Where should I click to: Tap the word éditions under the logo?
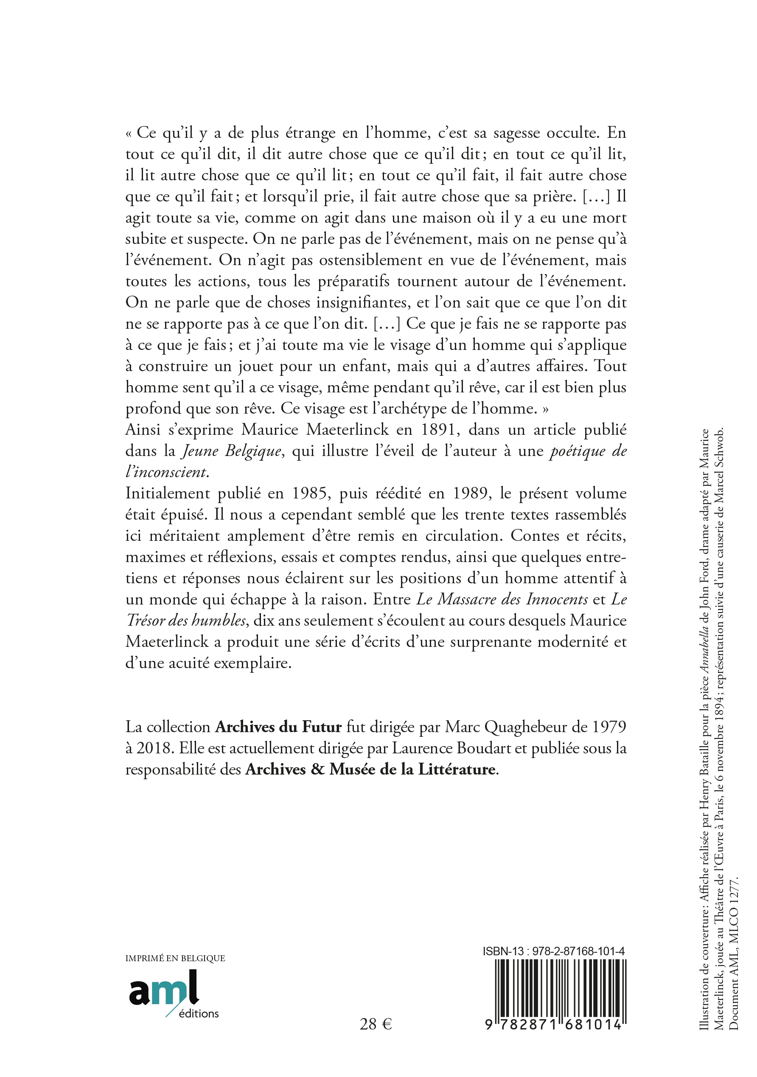tap(199, 1013)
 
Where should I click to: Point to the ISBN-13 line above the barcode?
tap(553, 951)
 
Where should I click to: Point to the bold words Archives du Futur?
tap(278, 727)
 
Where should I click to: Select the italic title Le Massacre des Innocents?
tap(502, 599)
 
